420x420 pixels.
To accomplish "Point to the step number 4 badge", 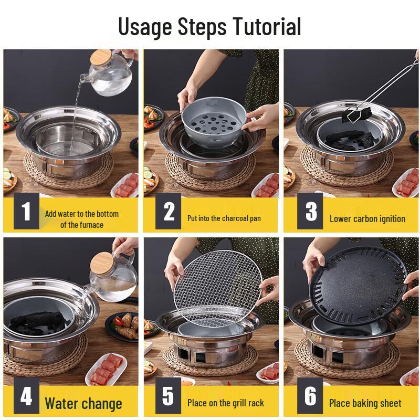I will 26,397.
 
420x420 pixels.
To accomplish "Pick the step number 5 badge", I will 168,397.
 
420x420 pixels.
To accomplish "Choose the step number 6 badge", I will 310,397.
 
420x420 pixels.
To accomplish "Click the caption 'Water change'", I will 83,404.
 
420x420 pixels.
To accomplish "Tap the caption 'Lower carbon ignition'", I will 367,218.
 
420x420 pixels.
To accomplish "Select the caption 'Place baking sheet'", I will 365,403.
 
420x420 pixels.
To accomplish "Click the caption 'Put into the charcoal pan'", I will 224,218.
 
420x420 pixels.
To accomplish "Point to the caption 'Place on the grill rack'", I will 225,403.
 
